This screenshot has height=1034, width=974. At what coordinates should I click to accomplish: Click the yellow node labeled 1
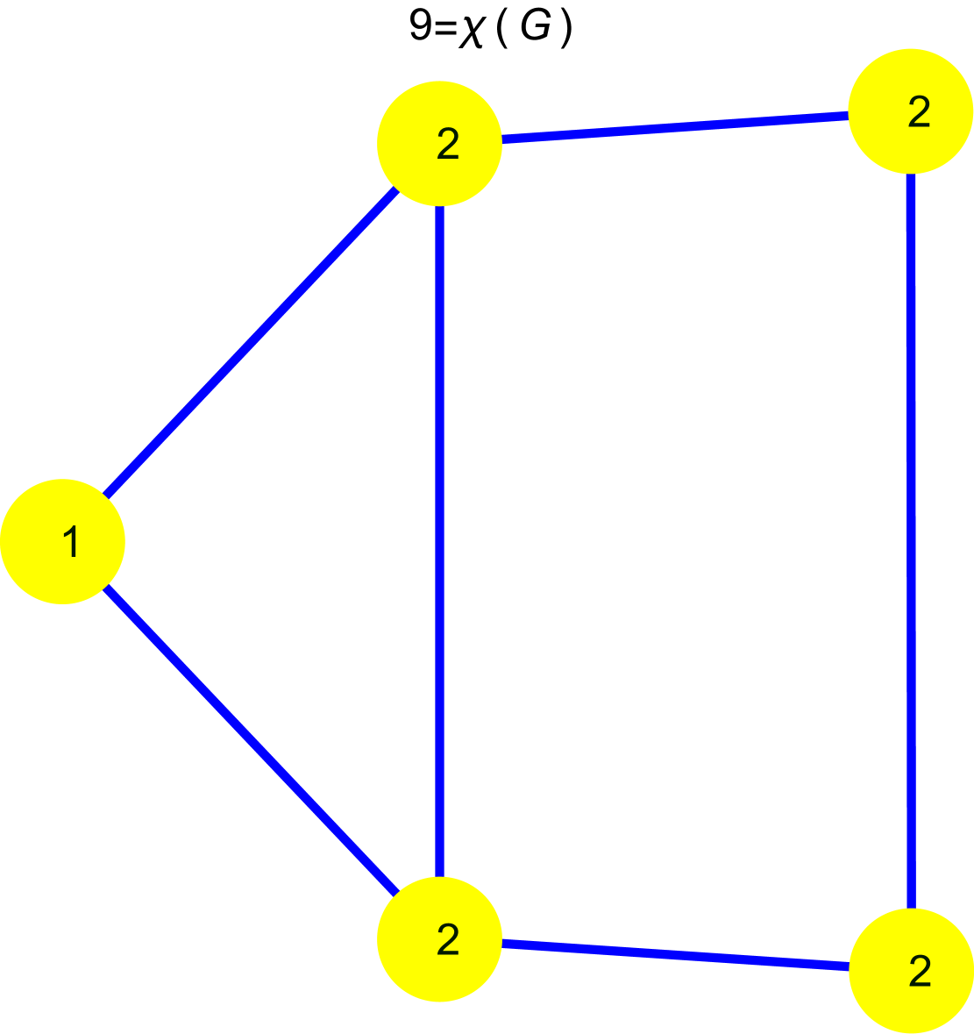tap(62, 541)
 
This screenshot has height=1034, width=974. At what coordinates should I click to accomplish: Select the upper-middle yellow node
tap(439, 143)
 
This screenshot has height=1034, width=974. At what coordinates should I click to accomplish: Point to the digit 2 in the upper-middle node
tap(448, 145)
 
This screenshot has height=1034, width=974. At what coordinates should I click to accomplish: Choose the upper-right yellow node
tap(911, 111)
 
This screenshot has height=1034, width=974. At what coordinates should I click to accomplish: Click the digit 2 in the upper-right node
tap(919, 113)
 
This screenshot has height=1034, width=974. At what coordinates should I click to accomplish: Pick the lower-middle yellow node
tap(439, 938)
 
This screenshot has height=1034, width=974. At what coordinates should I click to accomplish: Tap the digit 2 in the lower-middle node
tap(448, 940)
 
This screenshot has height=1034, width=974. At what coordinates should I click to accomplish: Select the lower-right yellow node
tap(911, 970)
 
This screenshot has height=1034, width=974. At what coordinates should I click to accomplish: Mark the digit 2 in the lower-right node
tap(919, 972)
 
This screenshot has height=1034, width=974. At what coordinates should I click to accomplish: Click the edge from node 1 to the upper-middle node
tap(251, 343)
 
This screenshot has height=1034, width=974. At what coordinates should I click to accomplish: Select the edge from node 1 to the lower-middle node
tap(251, 739)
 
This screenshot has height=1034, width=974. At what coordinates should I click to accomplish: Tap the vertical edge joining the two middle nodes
tap(439, 541)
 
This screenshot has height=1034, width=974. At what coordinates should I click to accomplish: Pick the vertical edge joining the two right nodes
tap(911, 541)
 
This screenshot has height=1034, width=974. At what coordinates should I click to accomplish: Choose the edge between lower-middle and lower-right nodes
tap(675, 955)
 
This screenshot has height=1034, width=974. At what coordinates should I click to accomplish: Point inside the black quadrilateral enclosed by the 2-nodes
tap(675, 541)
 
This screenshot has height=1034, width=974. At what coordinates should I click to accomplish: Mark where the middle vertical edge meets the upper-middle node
tap(439, 206)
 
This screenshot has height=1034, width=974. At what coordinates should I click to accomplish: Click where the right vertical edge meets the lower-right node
tap(911, 908)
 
